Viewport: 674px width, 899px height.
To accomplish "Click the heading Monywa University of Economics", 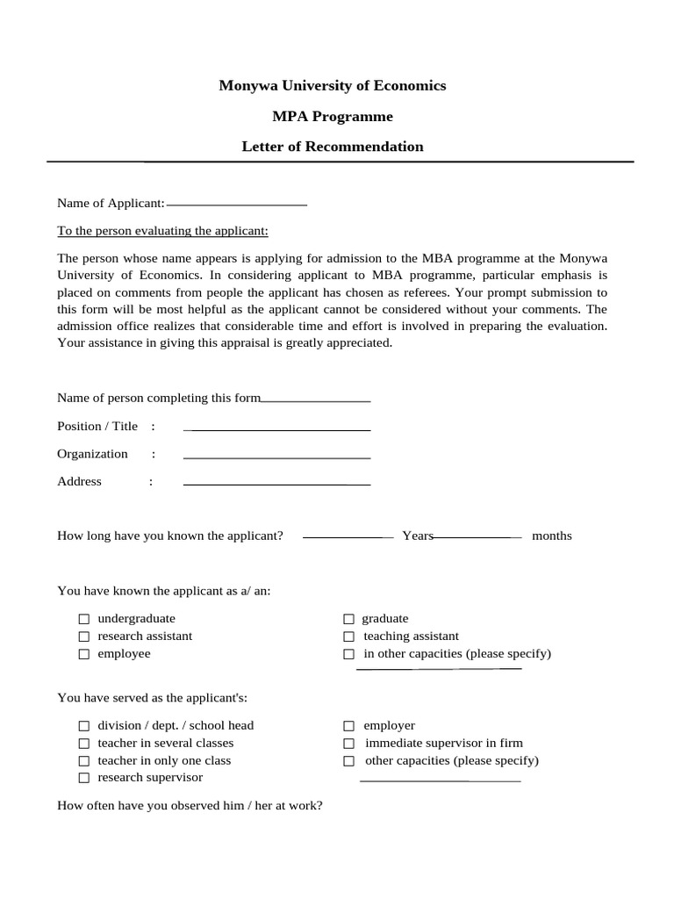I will click(x=332, y=85).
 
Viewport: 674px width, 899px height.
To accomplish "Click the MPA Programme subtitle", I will click(x=332, y=116).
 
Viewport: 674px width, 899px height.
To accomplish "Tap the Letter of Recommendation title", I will click(x=332, y=147).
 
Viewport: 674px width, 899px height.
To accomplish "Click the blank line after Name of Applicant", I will click(x=236, y=203).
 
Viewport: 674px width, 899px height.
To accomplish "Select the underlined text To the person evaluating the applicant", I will click(x=162, y=231).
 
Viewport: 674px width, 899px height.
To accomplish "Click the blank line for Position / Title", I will click(x=276, y=428).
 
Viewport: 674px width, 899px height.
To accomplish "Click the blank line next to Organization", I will click(x=276, y=457).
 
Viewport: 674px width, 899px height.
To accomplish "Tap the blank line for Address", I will click(x=276, y=483).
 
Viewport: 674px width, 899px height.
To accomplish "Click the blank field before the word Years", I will click(x=348, y=536).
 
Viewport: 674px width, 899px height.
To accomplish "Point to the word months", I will click(x=551, y=536).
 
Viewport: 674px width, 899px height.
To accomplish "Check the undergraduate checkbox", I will click(x=84, y=619).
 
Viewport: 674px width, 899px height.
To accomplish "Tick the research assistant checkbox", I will click(x=84, y=636).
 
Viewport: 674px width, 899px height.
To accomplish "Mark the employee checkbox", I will click(x=84, y=654).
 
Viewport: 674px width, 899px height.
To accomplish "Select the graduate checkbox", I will click(x=348, y=619).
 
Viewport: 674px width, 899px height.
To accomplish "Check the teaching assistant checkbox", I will click(x=348, y=636).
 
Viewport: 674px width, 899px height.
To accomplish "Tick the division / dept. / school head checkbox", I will click(x=84, y=726).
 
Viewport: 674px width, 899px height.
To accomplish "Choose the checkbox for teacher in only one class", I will click(x=84, y=761).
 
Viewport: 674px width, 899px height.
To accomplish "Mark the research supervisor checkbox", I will click(x=84, y=778).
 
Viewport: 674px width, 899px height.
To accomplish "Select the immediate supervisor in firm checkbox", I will click(x=348, y=744).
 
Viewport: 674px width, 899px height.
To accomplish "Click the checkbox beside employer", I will click(x=348, y=726).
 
